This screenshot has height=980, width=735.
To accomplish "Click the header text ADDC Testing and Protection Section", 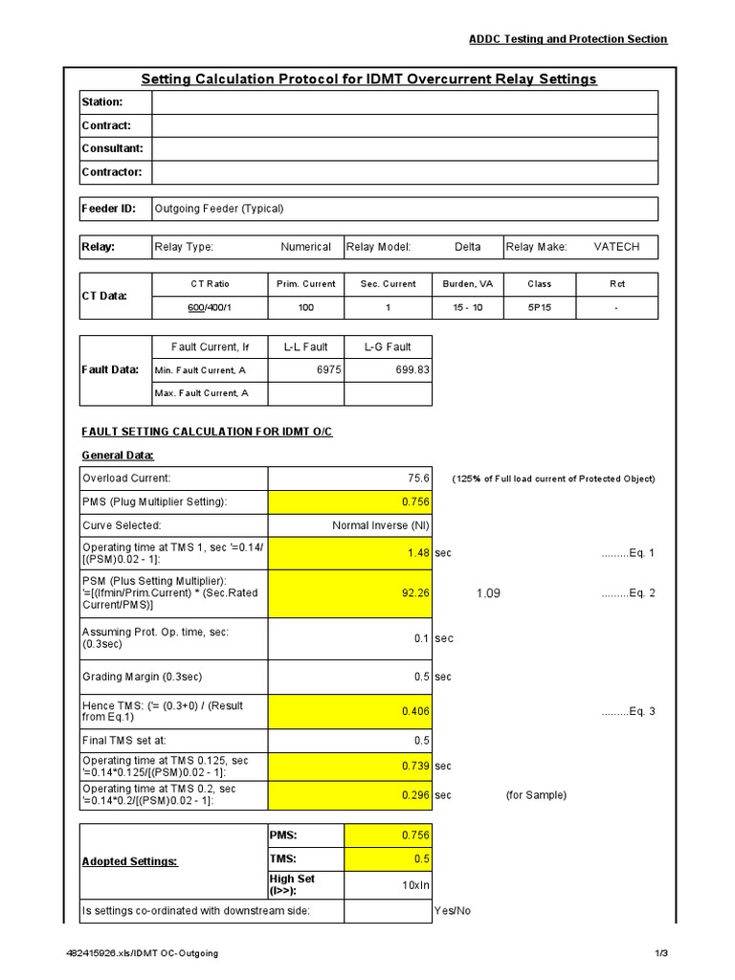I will pos(568,39).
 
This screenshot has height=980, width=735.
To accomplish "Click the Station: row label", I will pos(101,102).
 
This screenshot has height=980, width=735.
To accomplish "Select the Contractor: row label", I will pos(111,172).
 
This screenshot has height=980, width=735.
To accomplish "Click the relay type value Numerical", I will pos(305,247).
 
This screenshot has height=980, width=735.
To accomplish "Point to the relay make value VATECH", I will pos(616,247).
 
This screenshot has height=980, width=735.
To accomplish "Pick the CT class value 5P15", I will pos(539,308).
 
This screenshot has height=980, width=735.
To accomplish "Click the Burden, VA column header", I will pos(467,284).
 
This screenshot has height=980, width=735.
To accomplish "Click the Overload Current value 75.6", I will pos(419,479).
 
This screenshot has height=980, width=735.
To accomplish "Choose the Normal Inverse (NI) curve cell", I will pos(381,526).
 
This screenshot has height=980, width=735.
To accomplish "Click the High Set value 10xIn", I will pos(413,885).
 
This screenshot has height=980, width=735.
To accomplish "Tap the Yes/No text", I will pos(453,910).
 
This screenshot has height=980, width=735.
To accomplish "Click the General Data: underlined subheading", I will pos(117,456).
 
